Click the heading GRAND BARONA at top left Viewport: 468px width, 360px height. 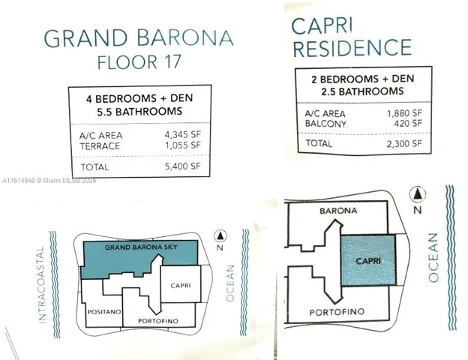[138, 37]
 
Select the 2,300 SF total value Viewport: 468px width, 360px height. [404, 142]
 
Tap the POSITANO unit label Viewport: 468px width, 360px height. [102, 309]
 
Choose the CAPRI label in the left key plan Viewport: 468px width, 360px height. [181, 285]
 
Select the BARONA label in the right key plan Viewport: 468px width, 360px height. [338, 211]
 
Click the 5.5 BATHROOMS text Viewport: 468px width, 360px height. [138, 112]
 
